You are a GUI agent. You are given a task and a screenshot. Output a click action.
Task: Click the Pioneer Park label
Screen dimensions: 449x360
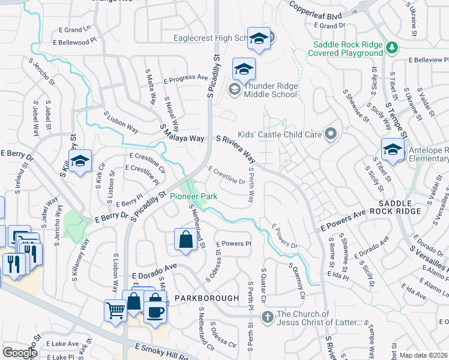tap(193, 196)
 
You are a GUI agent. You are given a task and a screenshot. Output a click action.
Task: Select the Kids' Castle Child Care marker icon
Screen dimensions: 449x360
tap(330, 134)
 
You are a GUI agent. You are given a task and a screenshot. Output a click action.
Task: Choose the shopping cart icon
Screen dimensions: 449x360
tap(115, 311)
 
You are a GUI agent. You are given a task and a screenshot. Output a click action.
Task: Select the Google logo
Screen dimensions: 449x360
tap(19, 352)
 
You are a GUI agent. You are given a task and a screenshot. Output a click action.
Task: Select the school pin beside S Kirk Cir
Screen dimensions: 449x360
tap(80, 161)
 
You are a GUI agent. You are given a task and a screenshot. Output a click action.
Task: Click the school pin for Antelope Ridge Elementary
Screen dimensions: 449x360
tap(392, 150)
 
